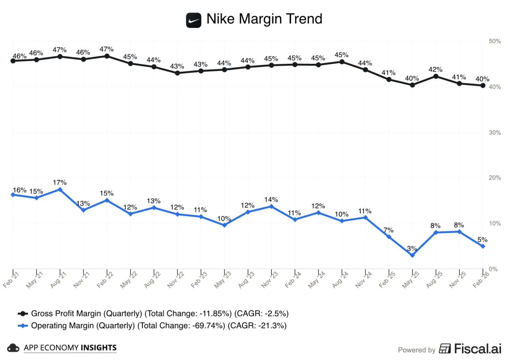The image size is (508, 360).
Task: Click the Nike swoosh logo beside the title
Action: click(x=193, y=20)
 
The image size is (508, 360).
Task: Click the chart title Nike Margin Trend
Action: click(x=264, y=19)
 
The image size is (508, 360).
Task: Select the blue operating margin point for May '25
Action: click(x=412, y=255)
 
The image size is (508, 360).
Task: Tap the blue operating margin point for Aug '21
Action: click(x=60, y=190)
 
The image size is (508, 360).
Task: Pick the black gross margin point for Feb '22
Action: click(x=107, y=56)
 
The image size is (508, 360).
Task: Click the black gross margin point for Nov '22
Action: click(x=178, y=73)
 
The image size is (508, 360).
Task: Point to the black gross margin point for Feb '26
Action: click(x=483, y=85)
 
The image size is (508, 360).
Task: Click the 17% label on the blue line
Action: click(x=60, y=182)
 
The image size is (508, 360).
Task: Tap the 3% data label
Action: click(x=412, y=248)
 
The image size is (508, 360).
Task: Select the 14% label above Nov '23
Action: click(x=271, y=200)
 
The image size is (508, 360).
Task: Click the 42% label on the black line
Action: click(x=435, y=69)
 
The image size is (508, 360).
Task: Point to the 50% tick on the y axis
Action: click(x=495, y=41)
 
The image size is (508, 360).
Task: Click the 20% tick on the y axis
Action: click(x=495, y=178)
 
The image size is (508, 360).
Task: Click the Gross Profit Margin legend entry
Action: click(x=159, y=314)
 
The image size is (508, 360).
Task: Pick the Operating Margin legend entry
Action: click(x=158, y=325)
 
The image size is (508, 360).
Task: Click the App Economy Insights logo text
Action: click(x=70, y=348)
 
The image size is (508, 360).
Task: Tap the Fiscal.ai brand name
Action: click(x=477, y=348)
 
